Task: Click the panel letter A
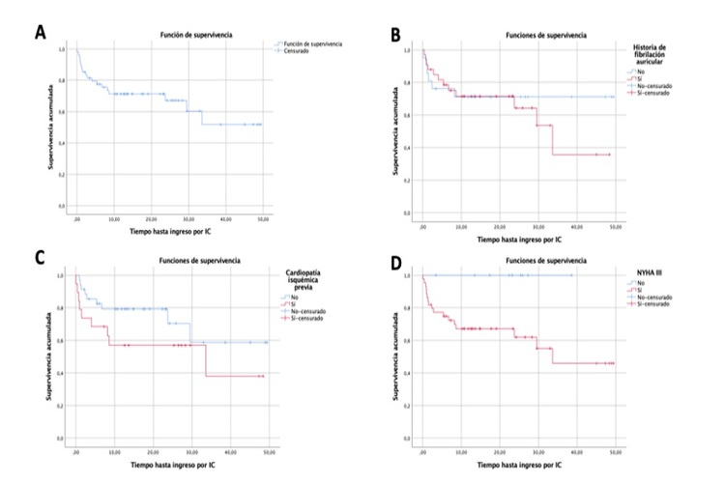click(x=41, y=32)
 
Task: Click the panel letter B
click(x=395, y=35)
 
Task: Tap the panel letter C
click(x=40, y=258)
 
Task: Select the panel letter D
click(x=395, y=258)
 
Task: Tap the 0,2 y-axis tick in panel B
click(x=408, y=181)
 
